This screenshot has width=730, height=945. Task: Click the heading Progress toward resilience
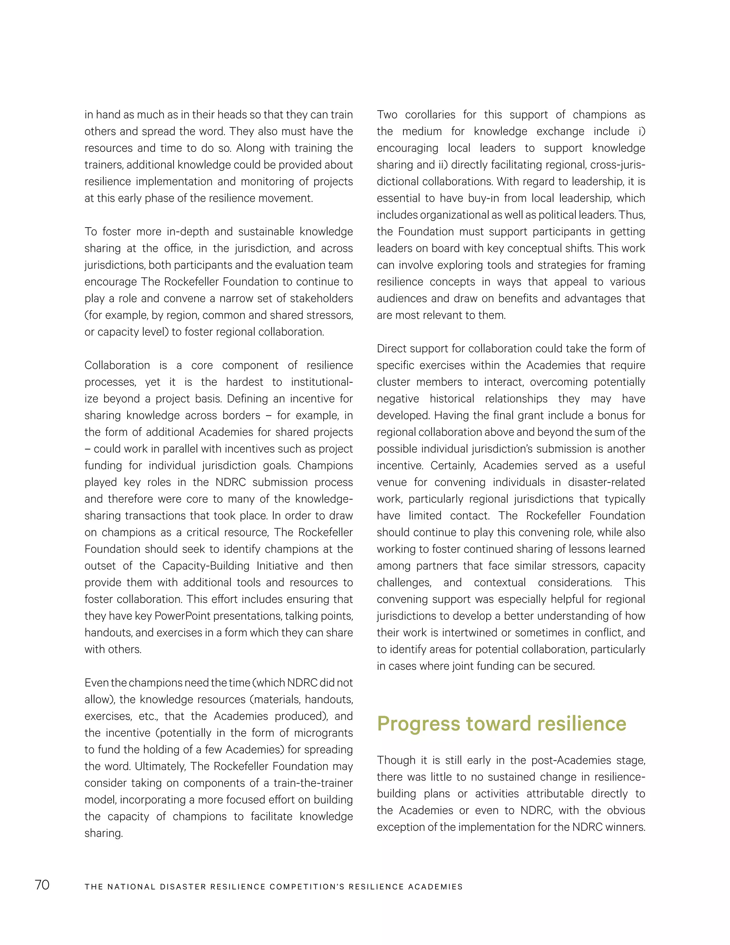501,724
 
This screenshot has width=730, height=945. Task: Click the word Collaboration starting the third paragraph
117,365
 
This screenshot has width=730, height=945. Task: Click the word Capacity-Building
206,566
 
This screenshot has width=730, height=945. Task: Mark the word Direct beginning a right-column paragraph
391,348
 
